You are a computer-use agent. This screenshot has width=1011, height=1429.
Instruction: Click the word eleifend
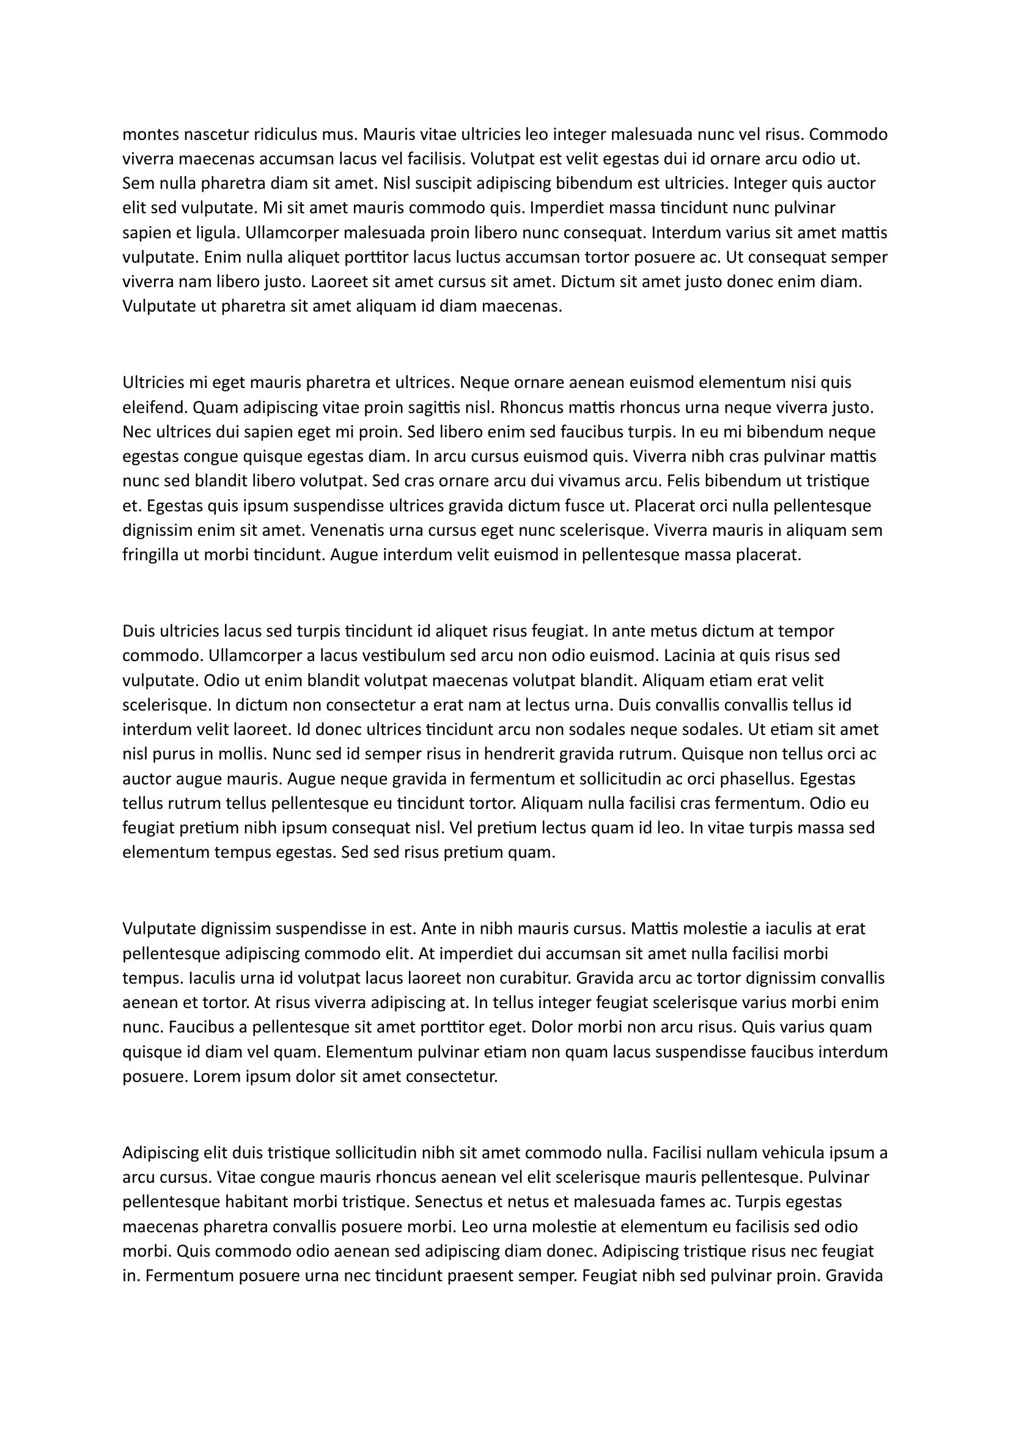coord(155,408)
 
